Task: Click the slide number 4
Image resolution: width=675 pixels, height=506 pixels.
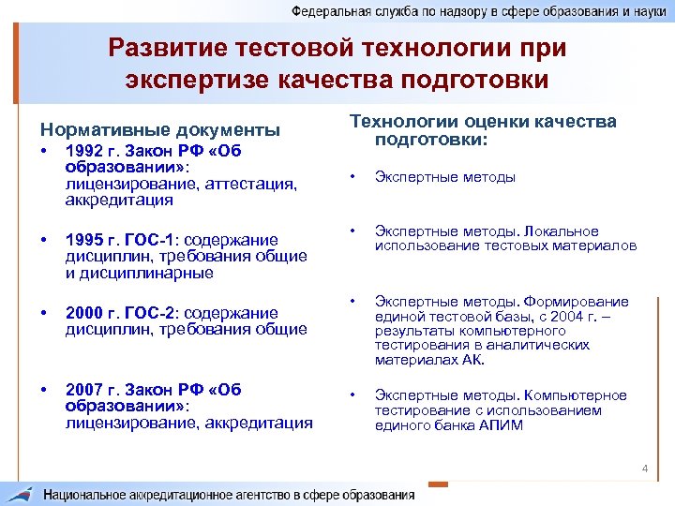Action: coord(645,468)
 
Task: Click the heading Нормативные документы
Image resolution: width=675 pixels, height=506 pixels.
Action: coord(158,129)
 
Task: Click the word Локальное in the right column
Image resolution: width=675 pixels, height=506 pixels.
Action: coord(561,231)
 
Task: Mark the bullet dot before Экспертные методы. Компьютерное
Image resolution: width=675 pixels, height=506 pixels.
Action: coord(352,395)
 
